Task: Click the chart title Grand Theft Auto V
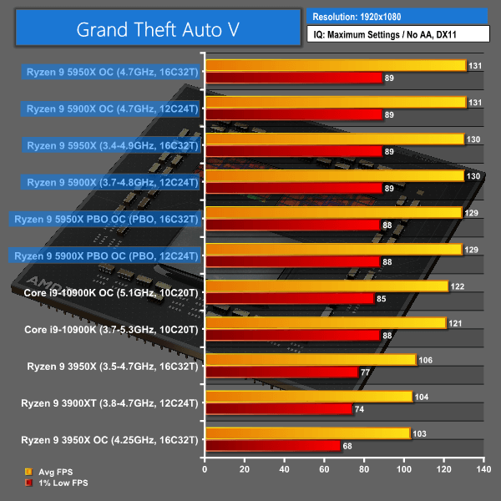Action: (x=157, y=29)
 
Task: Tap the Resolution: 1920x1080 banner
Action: (x=397, y=16)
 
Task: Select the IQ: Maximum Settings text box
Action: (x=397, y=35)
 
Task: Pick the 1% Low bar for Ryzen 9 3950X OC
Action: (x=273, y=446)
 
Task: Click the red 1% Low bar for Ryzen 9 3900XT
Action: (x=279, y=409)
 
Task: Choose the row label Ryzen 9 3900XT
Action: (x=111, y=402)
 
